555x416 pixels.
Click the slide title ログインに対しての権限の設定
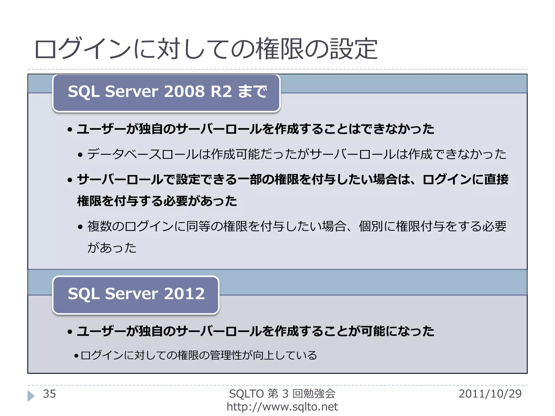click(x=206, y=49)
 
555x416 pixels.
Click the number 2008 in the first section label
click(x=184, y=91)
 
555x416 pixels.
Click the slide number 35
click(x=49, y=394)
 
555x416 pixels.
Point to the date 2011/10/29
click(x=490, y=394)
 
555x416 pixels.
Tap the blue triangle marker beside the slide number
click(x=31, y=396)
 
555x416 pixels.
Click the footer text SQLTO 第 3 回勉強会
click(x=282, y=394)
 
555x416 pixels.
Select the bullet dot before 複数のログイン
click(x=80, y=227)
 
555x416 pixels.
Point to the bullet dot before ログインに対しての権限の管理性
click(x=76, y=356)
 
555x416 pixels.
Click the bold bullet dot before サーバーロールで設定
click(x=70, y=180)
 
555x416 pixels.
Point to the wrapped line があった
click(x=112, y=248)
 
